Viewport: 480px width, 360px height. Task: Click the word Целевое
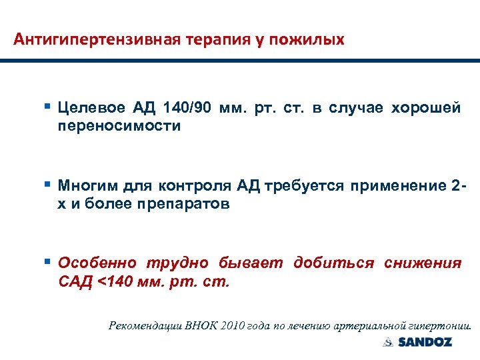[x=91, y=109]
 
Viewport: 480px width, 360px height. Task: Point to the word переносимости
[x=119, y=126]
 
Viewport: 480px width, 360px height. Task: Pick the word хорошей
[x=426, y=109]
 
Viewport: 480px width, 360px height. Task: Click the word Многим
[x=86, y=185]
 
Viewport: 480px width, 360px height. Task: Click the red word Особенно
[x=97, y=263]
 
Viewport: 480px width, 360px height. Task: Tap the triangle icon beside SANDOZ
[x=389, y=343]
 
